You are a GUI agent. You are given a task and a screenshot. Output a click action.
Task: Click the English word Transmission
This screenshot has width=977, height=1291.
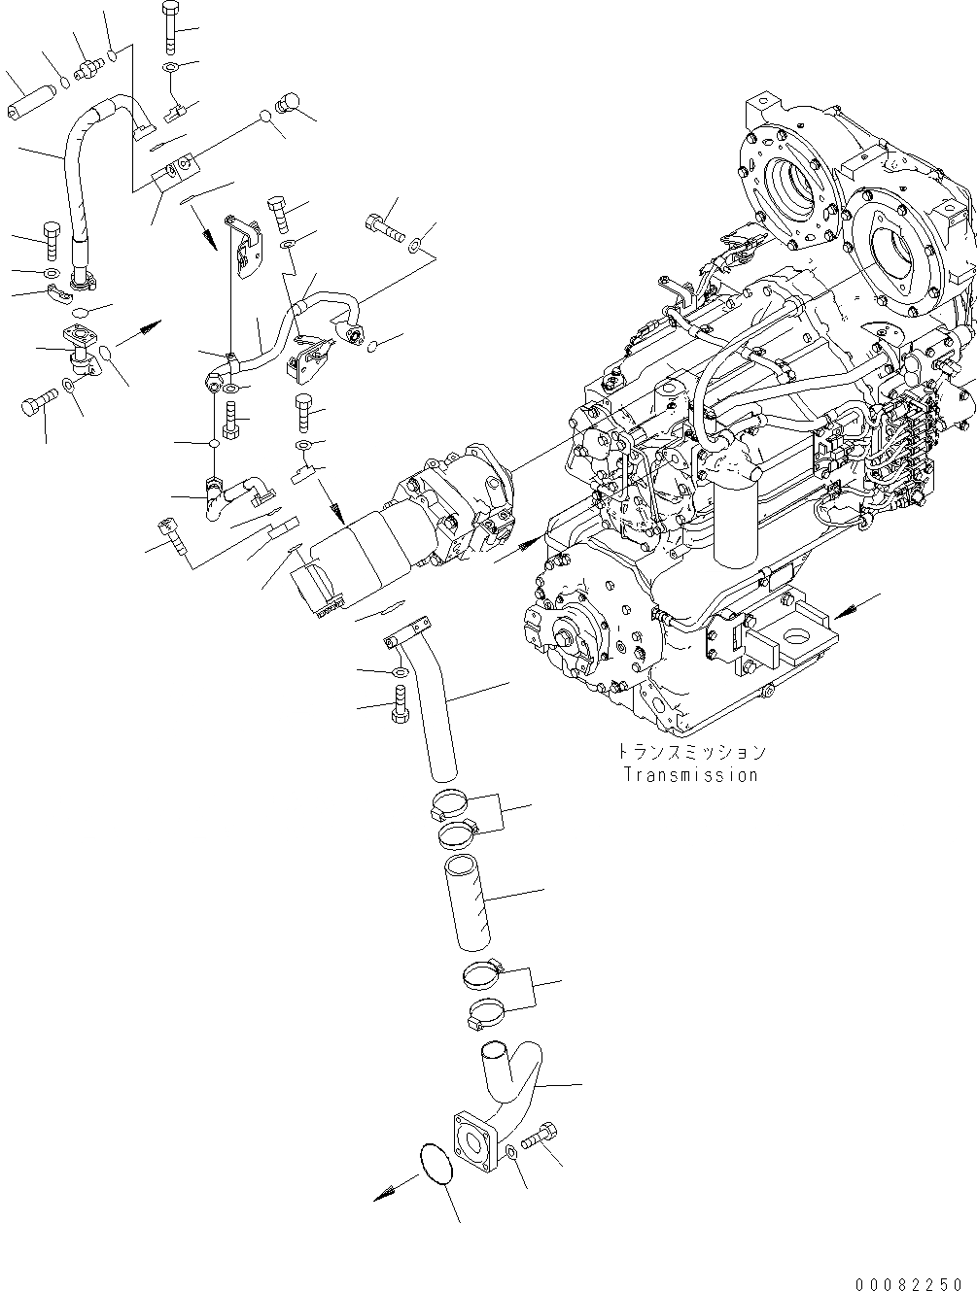pos(690,775)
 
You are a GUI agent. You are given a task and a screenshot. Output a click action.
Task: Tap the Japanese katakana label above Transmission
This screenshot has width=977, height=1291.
pos(690,752)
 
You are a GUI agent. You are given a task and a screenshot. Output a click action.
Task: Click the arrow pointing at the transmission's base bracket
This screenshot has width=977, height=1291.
pos(844,609)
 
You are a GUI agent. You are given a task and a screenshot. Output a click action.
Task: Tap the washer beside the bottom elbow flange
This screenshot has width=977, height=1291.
pos(511,1152)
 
